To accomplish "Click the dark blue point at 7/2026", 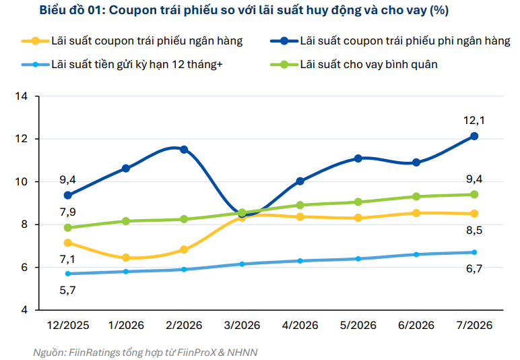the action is click(x=474, y=136).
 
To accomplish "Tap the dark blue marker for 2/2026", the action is click(x=184, y=149).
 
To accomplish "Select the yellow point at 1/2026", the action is click(x=126, y=258).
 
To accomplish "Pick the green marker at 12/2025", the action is click(x=67, y=228).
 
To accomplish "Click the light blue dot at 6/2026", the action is click(x=416, y=254).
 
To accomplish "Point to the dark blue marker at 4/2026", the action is click(x=300, y=181).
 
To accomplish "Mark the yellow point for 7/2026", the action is click(x=474, y=213).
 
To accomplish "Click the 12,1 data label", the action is click(x=474, y=120).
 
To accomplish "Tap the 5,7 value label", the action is click(x=67, y=291).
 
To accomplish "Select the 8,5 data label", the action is click(x=474, y=231).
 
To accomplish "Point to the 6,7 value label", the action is click(x=474, y=268).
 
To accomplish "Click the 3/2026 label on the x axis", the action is click(x=242, y=325).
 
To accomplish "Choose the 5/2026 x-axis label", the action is click(x=358, y=325).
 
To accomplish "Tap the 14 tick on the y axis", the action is click(x=22, y=96).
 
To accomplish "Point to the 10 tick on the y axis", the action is click(x=22, y=182).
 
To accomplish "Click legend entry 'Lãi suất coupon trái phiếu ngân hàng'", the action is click(x=132, y=41).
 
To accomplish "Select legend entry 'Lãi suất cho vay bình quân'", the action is click(x=354, y=64).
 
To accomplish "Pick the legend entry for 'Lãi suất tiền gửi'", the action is click(x=122, y=64).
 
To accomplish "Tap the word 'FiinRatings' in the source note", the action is click(x=94, y=353).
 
